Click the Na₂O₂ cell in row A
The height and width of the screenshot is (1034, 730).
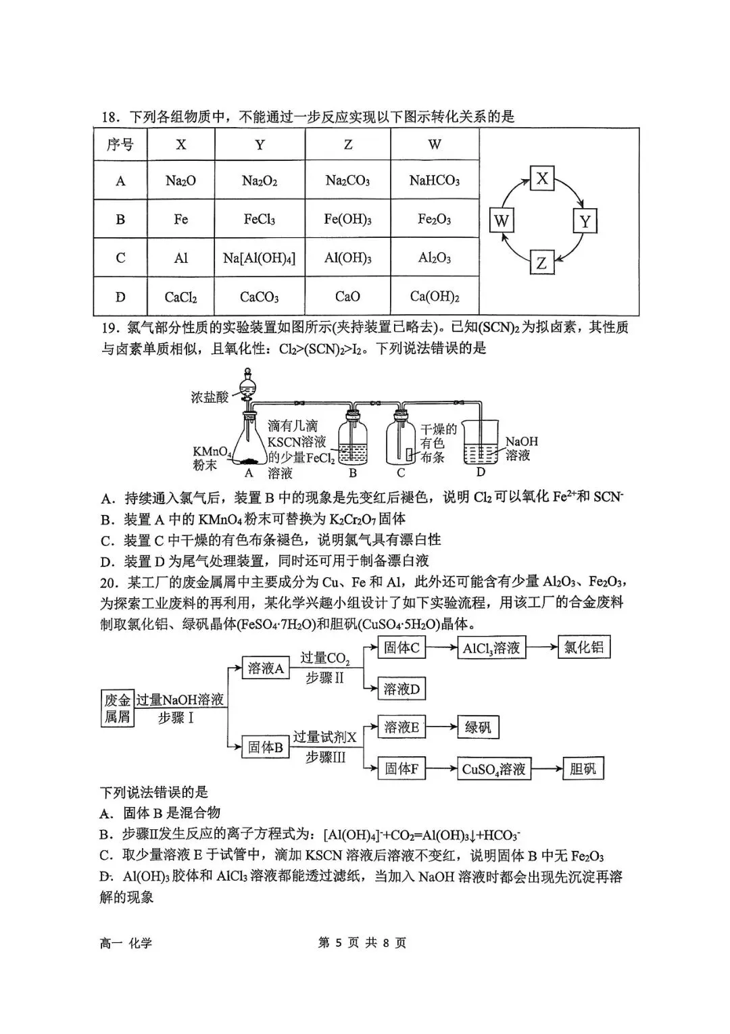[x=260, y=181]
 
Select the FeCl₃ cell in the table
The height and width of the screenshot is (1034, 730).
[x=260, y=220]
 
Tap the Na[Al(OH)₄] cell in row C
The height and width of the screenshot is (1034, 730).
[x=260, y=258]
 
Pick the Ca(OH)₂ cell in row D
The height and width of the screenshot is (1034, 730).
[x=435, y=297]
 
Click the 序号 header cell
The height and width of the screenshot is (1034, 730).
[x=120, y=145]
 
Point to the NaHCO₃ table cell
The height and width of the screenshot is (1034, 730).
[x=435, y=181]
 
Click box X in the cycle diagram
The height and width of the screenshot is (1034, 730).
[x=542, y=179]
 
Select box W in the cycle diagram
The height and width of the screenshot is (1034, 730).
[x=501, y=220]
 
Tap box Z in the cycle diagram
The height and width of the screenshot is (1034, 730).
[x=541, y=262]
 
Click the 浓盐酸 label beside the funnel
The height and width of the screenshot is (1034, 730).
[x=210, y=397]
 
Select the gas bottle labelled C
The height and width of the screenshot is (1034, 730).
[x=401, y=443]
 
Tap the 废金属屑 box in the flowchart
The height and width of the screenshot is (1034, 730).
[x=117, y=708]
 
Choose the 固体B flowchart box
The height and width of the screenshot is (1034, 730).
[x=265, y=747]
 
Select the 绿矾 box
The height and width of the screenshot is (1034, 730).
[x=478, y=728]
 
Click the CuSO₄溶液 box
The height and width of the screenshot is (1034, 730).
[x=493, y=769]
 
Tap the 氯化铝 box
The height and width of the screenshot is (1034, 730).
[x=583, y=647]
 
